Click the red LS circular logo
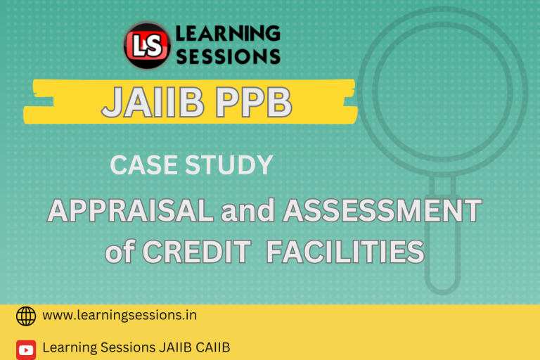pyautogui.click(x=147, y=44)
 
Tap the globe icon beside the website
pyautogui.click(x=26, y=316)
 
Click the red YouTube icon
pyautogui.click(x=26, y=349)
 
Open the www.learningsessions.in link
pyautogui.click(x=120, y=316)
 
